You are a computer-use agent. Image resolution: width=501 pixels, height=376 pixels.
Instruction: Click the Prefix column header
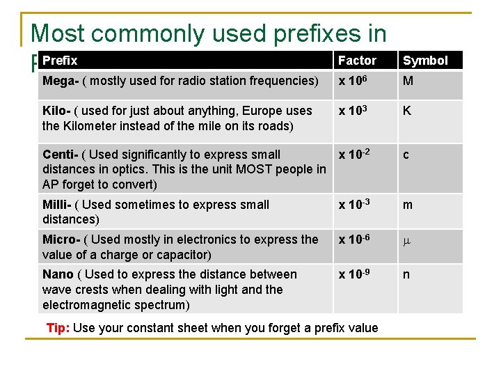60,61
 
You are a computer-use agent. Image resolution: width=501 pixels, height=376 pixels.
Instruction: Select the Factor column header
357,61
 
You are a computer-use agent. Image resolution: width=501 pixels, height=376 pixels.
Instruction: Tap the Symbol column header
425,61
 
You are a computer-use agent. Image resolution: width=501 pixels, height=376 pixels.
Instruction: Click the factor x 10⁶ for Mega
353,80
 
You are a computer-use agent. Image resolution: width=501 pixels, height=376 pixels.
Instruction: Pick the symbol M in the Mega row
408,81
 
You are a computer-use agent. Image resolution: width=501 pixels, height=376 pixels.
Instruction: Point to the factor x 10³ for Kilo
353,110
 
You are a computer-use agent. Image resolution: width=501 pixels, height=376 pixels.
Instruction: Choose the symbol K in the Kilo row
407,111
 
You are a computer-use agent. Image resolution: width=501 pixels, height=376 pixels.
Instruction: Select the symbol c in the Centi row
406,155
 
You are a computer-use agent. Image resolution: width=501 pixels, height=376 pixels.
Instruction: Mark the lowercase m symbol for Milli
408,205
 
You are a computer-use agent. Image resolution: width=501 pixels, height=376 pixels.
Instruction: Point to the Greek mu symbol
407,240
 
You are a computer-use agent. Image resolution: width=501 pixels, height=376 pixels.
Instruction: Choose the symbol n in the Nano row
406,275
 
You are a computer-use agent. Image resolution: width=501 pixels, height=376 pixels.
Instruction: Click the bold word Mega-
60,81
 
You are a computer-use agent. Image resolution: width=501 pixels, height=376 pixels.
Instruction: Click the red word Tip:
58,328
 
